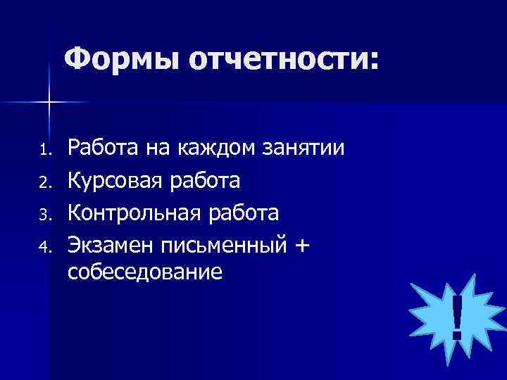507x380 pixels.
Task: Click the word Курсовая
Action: [x=115, y=180]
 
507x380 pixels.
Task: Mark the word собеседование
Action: [x=145, y=272]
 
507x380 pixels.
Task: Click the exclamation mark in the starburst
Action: [x=457, y=317]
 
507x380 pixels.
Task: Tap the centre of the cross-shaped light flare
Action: [x=49, y=103]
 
